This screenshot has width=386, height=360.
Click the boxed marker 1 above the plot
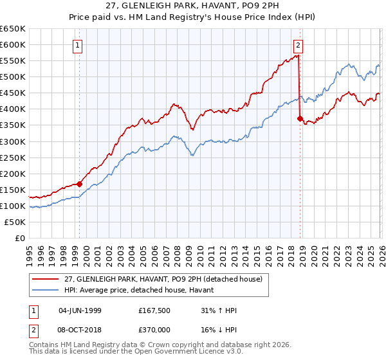[78, 45]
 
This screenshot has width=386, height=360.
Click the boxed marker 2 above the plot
[299, 45]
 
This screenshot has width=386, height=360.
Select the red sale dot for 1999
[80, 184]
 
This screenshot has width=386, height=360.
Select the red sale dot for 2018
[300, 118]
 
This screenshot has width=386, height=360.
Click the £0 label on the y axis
[19, 238]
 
